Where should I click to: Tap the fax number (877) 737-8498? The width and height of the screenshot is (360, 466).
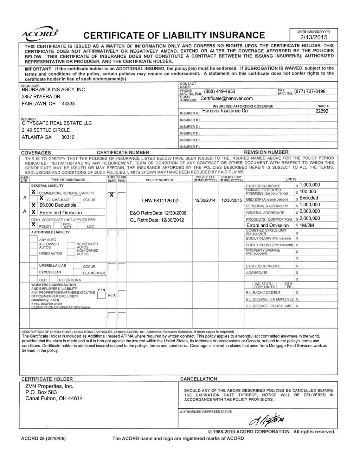point(310,91)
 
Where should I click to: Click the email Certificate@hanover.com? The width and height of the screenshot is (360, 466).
point(226,98)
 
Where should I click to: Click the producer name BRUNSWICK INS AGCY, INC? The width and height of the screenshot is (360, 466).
point(53,90)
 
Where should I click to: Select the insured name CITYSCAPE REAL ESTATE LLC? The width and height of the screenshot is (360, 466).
point(57,123)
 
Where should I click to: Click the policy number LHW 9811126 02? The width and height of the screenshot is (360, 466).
point(160,201)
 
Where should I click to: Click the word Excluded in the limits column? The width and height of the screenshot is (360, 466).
point(308,198)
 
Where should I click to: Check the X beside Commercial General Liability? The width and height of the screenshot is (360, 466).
point(33,192)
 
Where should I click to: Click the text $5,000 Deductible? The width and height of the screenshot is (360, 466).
point(58,205)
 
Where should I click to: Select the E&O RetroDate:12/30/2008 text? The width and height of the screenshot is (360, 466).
point(158,213)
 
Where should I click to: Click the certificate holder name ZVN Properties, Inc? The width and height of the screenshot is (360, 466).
point(49,386)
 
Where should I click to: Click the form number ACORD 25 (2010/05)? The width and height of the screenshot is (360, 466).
point(45,439)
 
